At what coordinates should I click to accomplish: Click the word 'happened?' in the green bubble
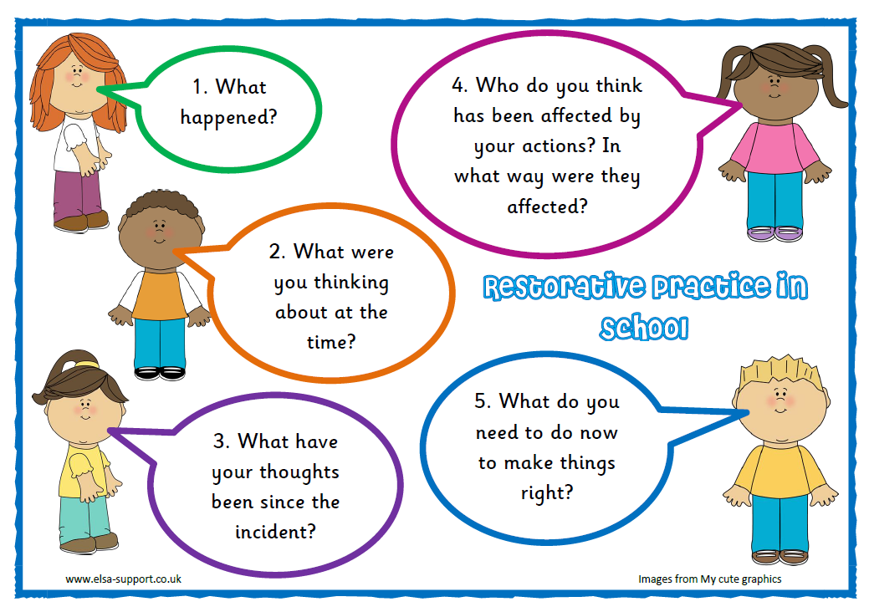pos(228,118)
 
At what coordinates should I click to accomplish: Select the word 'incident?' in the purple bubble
pos(275,532)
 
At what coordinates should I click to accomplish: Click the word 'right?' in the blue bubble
pos(547,492)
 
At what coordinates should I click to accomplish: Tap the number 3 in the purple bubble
pos(221,441)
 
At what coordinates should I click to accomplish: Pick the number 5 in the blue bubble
pos(481,401)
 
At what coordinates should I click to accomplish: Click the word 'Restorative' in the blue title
pos(564,286)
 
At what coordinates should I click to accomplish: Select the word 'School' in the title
pos(644,328)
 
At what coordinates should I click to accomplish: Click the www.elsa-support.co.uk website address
pos(123,579)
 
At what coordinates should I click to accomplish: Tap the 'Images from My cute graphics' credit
pos(709,579)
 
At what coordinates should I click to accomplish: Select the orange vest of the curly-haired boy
pos(160,294)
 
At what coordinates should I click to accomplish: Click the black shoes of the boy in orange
pos(160,373)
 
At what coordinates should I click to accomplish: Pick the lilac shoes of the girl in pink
pos(774,234)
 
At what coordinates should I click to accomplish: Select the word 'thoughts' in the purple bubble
pos(299,472)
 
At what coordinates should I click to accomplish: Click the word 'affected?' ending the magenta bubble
pos(547,207)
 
